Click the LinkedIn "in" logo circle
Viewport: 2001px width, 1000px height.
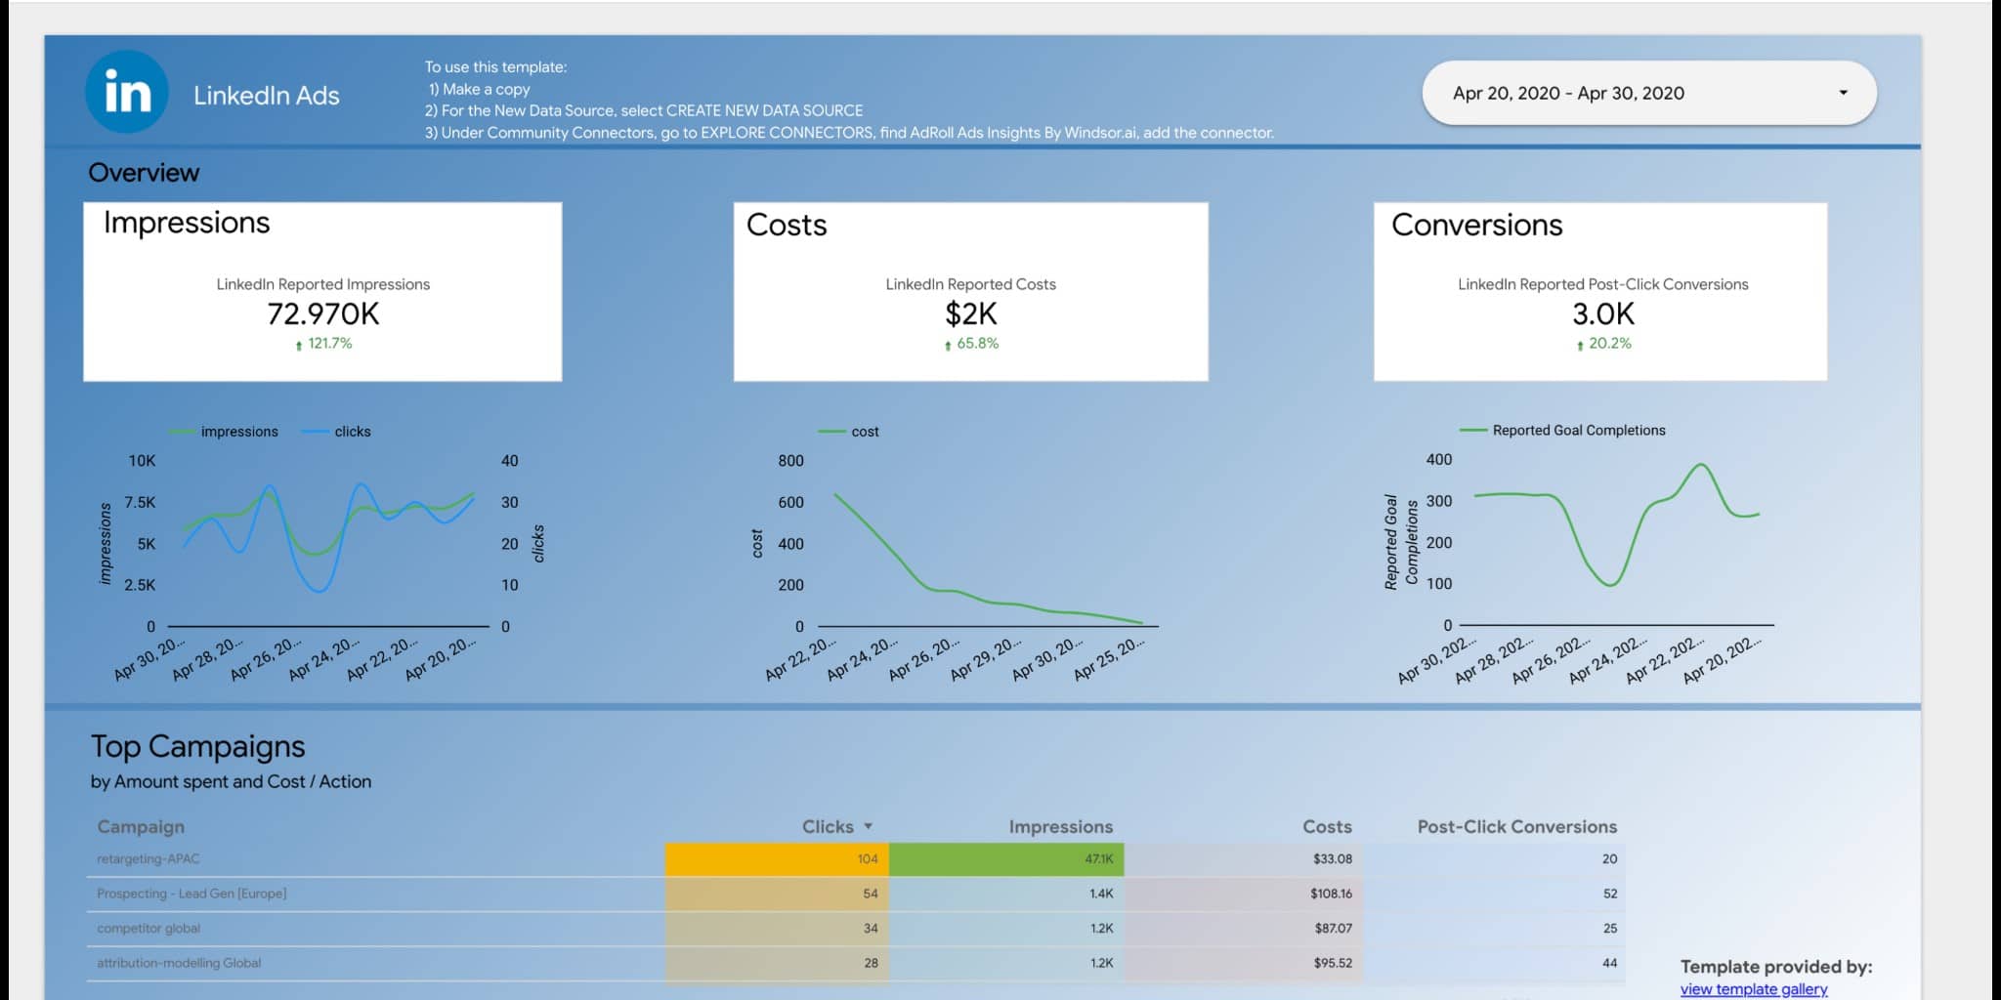[x=127, y=93]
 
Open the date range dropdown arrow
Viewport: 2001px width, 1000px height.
[x=1843, y=93]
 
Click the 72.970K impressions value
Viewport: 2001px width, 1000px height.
[x=322, y=314]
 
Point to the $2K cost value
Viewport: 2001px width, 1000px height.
[x=970, y=314]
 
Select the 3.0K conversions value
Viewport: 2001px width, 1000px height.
[x=1602, y=314]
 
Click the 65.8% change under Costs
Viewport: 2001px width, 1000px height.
[x=971, y=344]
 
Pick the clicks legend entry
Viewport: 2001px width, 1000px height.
[x=352, y=432]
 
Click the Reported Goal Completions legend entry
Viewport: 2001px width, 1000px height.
[x=1578, y=431]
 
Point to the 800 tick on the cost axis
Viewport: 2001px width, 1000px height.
[x=790, y=461]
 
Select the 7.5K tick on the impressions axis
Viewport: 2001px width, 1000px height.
[x=140, y=503]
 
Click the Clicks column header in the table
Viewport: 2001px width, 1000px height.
[x=828, y=827]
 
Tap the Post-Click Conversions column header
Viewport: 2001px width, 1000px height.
[x=1516, y=827]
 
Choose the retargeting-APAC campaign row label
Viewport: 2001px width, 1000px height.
[x=149, y=859]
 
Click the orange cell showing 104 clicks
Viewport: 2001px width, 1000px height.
[x=777, y=859]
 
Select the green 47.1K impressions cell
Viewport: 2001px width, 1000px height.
[x=1006, y=859]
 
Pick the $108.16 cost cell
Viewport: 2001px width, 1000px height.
[x=1331, y=894]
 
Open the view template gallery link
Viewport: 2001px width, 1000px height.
[x=1753, y=989]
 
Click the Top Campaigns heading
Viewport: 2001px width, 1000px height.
[x=198, y=747]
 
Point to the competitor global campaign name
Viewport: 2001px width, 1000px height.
[x=149, y=929]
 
